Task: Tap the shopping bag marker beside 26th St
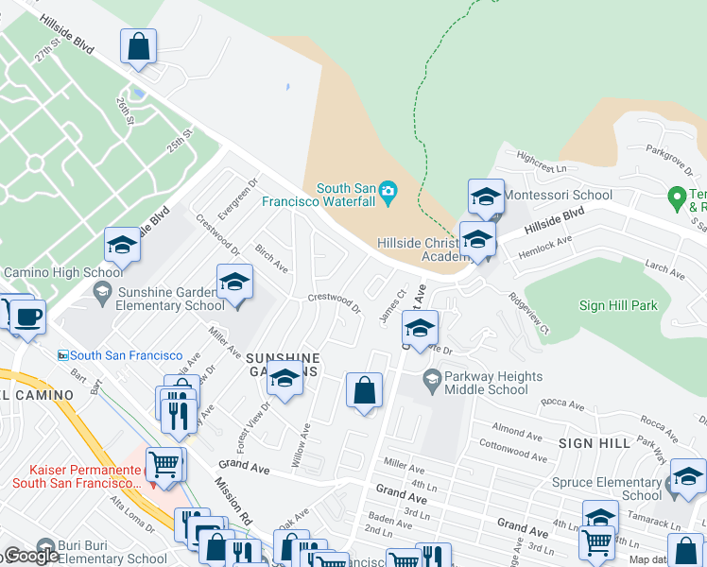click(x=138, y=46)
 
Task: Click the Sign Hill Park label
click(x=617, y=306)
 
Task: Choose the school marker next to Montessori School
click(x=486, y=198)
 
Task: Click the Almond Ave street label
click(x=516, y=431)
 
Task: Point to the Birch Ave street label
click(x=271, y=258)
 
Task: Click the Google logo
click(x=31, y=556)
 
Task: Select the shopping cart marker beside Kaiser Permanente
click(x=165, y=465)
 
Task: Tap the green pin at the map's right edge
click(x=676, y=198)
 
